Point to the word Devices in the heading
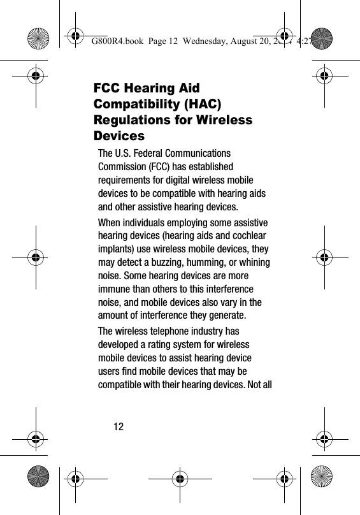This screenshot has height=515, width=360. (x=119, y=136)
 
